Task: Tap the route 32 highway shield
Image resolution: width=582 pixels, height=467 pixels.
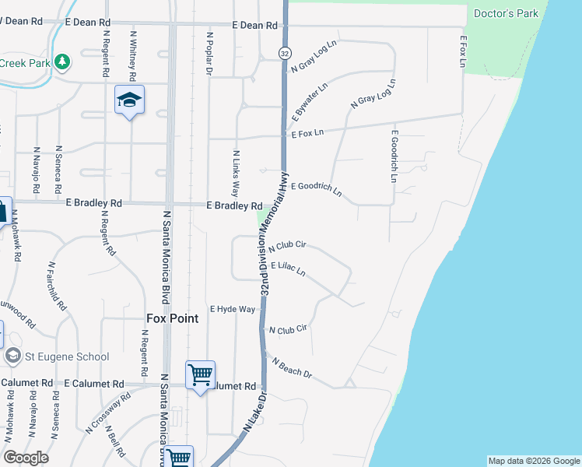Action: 285,52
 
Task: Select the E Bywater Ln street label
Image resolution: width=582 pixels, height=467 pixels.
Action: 309,103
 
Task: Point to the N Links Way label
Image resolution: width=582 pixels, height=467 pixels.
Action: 235,173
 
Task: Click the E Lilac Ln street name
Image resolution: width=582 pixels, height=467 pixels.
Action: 288,269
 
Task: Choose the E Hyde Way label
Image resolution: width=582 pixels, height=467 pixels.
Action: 232,309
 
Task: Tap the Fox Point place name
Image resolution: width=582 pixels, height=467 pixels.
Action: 173,318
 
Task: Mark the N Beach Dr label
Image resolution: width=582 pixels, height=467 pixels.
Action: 292,368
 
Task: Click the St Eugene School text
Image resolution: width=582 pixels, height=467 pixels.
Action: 66,356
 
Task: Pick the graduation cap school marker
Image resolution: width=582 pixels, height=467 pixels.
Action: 130,100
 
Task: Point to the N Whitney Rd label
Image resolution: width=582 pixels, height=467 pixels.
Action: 134,57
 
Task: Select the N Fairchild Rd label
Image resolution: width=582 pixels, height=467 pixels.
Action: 56,286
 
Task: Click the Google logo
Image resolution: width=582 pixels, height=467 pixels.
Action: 26,458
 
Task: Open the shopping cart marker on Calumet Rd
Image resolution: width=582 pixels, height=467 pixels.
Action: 201,376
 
